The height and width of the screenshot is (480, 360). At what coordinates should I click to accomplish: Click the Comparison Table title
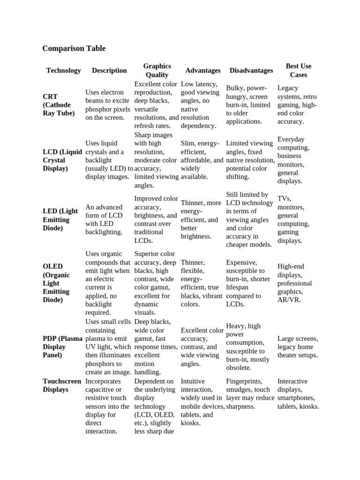(74, 48)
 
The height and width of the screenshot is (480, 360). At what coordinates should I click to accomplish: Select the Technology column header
(63, 70)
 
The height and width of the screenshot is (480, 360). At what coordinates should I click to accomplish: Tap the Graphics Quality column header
(157, 70)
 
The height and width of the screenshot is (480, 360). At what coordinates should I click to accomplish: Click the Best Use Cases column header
(299, 70)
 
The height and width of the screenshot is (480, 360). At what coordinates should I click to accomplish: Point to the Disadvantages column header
(251, 70)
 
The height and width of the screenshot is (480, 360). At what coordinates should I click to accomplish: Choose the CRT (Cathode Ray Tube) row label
(59, 105)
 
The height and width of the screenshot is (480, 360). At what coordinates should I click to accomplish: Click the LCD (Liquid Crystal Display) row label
(62, 160)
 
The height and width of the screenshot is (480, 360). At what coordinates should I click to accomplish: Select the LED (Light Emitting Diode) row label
(60, 219)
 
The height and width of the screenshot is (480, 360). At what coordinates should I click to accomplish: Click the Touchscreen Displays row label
(62, 385)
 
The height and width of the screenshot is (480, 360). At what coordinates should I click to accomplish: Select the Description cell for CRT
(108, 105)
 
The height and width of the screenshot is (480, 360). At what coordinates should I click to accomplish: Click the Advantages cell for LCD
(202, 160)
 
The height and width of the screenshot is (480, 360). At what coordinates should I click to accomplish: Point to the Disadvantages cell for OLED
(248, 283)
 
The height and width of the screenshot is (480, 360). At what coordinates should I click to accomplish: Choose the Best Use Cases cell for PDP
(298, 346)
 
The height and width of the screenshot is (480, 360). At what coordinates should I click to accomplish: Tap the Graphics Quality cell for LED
(156, 219)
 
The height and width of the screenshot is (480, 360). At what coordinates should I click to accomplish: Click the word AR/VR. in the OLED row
(289, 300)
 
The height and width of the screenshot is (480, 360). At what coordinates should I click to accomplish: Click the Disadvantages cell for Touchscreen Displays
(250, 394)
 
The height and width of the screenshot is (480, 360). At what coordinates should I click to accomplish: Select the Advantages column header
(203, 70)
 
